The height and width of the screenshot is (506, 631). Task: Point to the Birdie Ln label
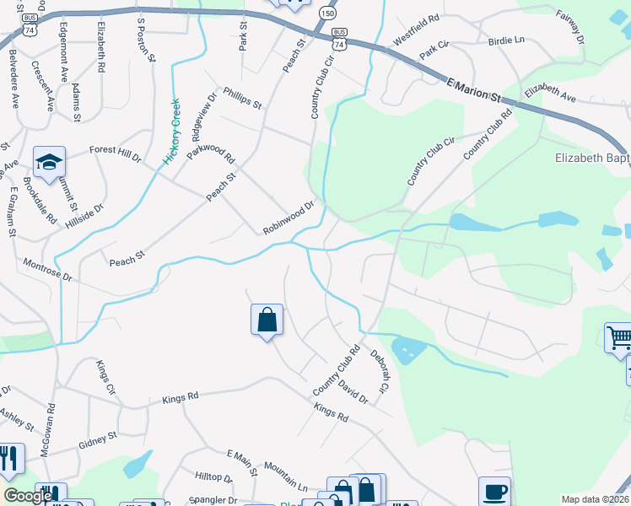point(506,40)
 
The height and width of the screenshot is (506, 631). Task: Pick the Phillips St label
point(243,98)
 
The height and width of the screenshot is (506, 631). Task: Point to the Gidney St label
point(98,439)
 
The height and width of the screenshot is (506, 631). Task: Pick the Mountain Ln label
point(285,476)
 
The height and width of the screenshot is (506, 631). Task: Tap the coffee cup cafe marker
point(495,491)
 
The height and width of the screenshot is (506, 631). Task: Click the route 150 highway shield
point(326,14)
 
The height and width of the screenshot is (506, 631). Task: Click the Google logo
point(29,497)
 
